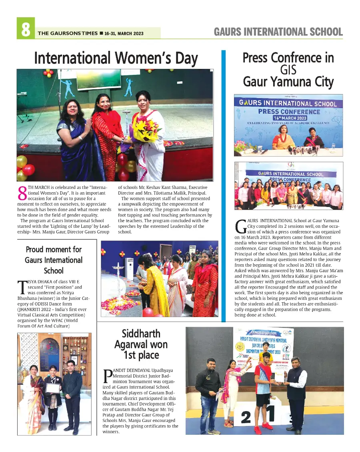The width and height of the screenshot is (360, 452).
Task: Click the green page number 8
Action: click(x=26, y=28)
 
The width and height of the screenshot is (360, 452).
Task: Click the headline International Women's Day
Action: click(x=116, y=58)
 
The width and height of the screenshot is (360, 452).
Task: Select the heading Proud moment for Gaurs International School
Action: click(x=54, y=260)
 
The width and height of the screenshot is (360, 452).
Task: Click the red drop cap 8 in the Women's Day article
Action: click(x=23, y=193)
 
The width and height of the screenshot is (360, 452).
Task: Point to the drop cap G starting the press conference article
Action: click(x=241, y=227)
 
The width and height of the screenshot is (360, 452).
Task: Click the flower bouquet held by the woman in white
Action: click(x=146, y=130)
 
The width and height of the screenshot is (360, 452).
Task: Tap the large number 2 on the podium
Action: click(x=246, y=418)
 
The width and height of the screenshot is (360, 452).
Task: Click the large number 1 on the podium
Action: click(x=272, y=415)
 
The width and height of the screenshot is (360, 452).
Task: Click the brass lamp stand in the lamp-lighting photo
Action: click(x=118, y=280)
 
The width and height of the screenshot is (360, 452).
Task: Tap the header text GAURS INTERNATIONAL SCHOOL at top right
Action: click(x=278, y=32)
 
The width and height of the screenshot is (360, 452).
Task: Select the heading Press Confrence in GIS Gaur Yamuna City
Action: click(x=288, y=70)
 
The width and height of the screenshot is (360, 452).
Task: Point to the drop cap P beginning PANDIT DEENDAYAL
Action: click(x=108, y=376)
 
